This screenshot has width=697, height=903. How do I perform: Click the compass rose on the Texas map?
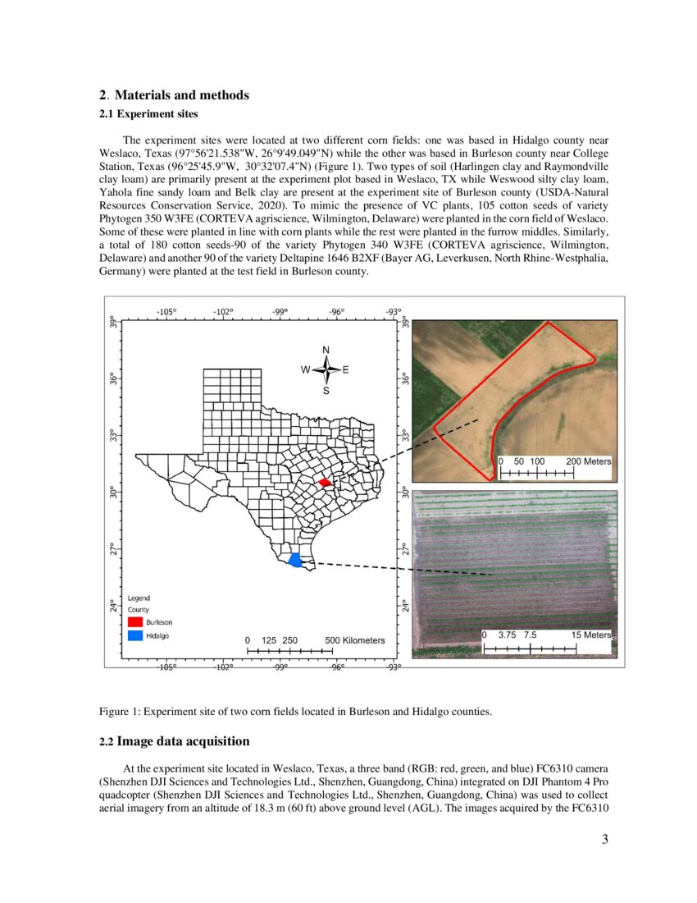coord(326,370)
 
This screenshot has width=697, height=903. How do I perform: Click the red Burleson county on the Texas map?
coord(326,483)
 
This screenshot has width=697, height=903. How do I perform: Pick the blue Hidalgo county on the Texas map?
coord(295,561)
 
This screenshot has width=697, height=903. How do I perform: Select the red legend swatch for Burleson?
coord(135,623)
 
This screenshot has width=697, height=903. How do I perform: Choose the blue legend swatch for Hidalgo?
coord(135,636)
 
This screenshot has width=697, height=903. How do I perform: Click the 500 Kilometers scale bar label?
coord(354,640)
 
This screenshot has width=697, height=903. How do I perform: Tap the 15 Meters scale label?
coord(590,635)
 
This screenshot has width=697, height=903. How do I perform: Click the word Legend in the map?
coord(139,598)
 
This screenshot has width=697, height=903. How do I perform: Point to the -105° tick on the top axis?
coord(166,311)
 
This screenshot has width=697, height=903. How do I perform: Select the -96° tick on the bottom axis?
coord(337,667)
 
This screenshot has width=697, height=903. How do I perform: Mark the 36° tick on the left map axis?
coord(114,378)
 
